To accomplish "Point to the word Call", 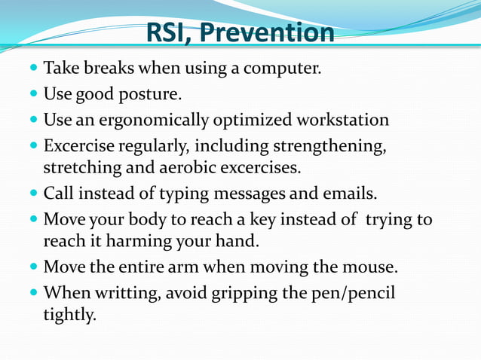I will [x=57, y=193].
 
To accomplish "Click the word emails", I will [x=349, y=193].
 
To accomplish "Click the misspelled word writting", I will [x=133, y=292].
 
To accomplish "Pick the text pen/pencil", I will [x=353, y=292].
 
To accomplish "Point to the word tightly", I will [x=69, y=313].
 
